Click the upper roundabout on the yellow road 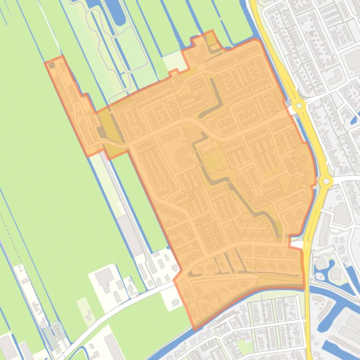pyautogui.click(x=299, y=106)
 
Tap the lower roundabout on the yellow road pyautogui.click(x=325, y=180)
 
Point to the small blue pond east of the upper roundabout pyautogui.click(x=353, y=120)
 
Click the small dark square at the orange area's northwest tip pyautogui.click(x=52, y=65)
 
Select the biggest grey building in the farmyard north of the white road pyautogui.click(x=104, y=277)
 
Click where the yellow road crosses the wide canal pyautogui.click(x=309, y=299)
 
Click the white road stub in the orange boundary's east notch pyautogui.click(x=296, y=244)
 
